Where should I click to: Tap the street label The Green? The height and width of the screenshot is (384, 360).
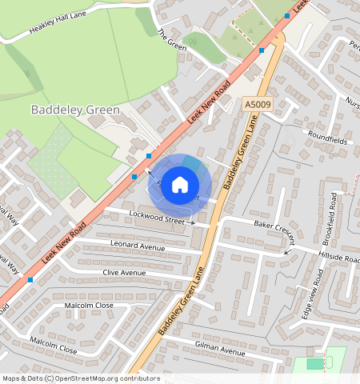click(x=173, y=39)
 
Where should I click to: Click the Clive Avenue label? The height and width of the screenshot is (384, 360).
click(x=124, y=273)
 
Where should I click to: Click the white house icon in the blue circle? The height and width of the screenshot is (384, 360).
click(x=180, y=186)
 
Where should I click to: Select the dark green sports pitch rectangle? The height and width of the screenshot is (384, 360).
click(x=316, y=363)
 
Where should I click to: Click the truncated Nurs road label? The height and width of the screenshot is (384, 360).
click(x=352, y=102)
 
